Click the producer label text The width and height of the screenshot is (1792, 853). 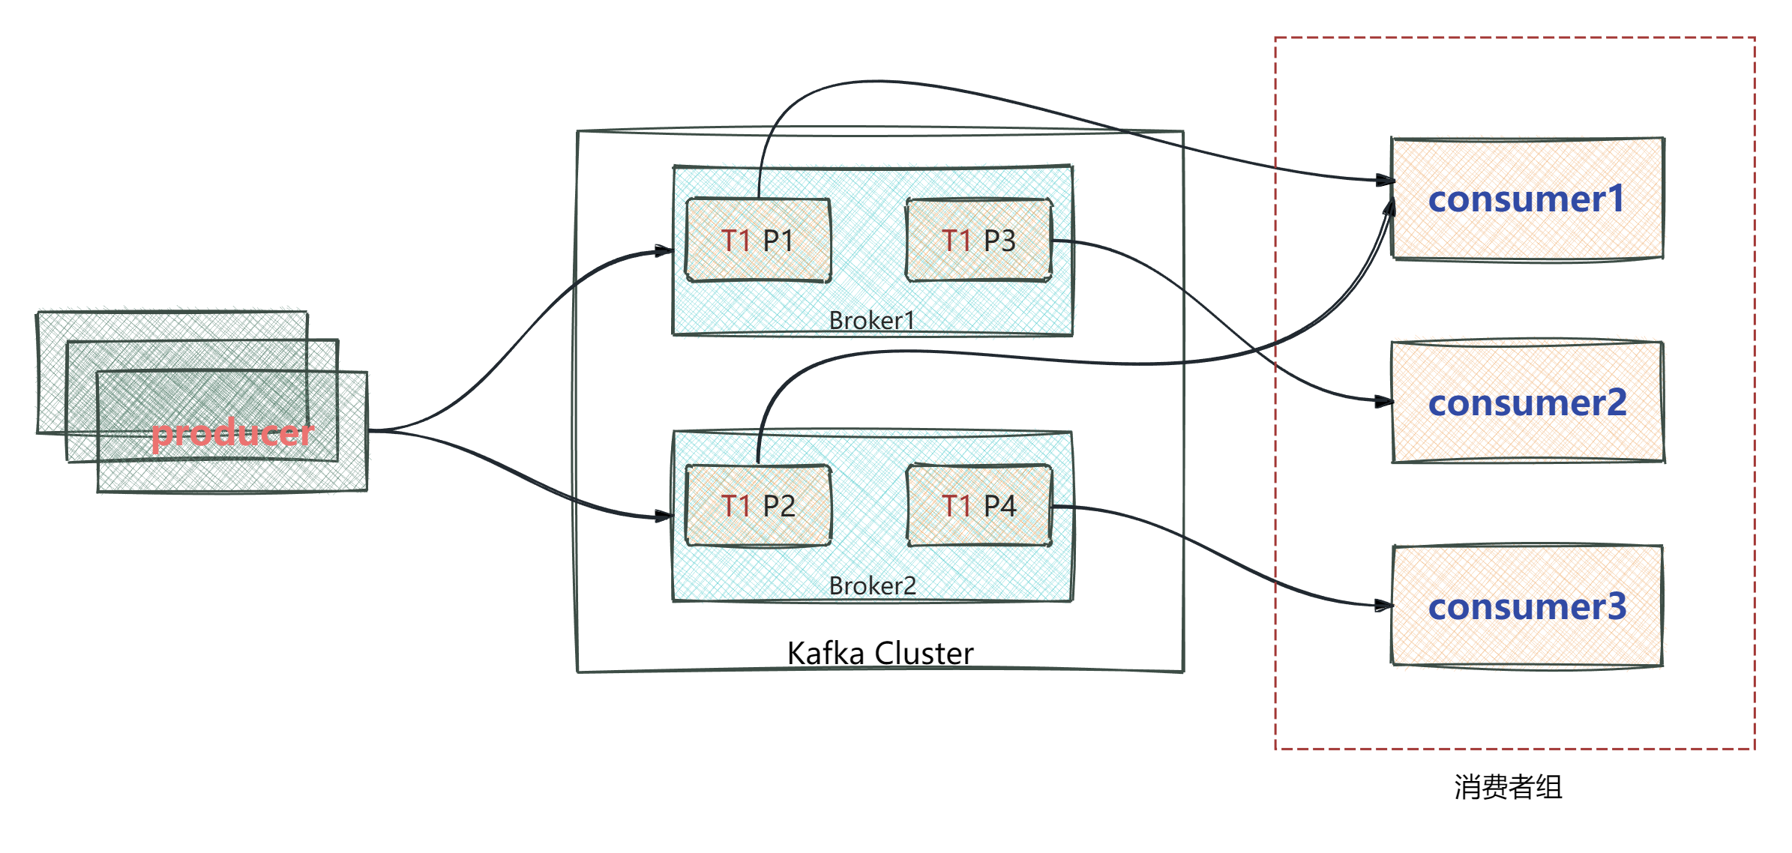[x=232, y=434]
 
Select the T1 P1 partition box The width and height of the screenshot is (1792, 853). [x=758, y=240]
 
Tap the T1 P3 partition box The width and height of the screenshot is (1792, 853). [x=978, y=240]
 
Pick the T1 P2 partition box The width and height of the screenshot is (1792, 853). [x=758, y=506]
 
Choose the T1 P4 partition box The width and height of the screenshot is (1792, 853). [x=978, y=506]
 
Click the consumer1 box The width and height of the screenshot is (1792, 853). [x=1527, y=199]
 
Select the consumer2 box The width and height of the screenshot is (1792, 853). [x=1528, y=403]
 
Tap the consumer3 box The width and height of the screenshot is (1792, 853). [x=1527, y=606]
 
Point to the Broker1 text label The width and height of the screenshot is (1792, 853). [x=871, y=321]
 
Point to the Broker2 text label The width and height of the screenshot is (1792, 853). [x=871, y=586]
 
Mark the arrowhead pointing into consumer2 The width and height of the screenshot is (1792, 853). [x=1384, y=403]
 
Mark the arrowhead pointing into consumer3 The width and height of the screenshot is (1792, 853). [x=1384, y=606]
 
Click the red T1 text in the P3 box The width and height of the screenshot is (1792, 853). [x=957, y=241]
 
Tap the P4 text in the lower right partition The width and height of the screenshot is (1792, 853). [x=1000, y=506]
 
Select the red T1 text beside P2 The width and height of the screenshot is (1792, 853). [x=736, y=506]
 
